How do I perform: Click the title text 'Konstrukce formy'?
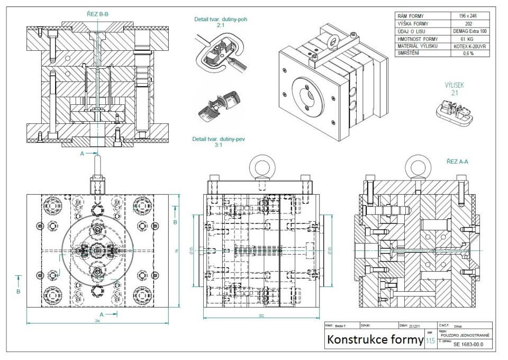click(375, 339)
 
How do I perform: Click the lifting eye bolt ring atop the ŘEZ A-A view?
click(415, 168)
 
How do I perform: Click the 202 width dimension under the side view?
click(261, 317)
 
